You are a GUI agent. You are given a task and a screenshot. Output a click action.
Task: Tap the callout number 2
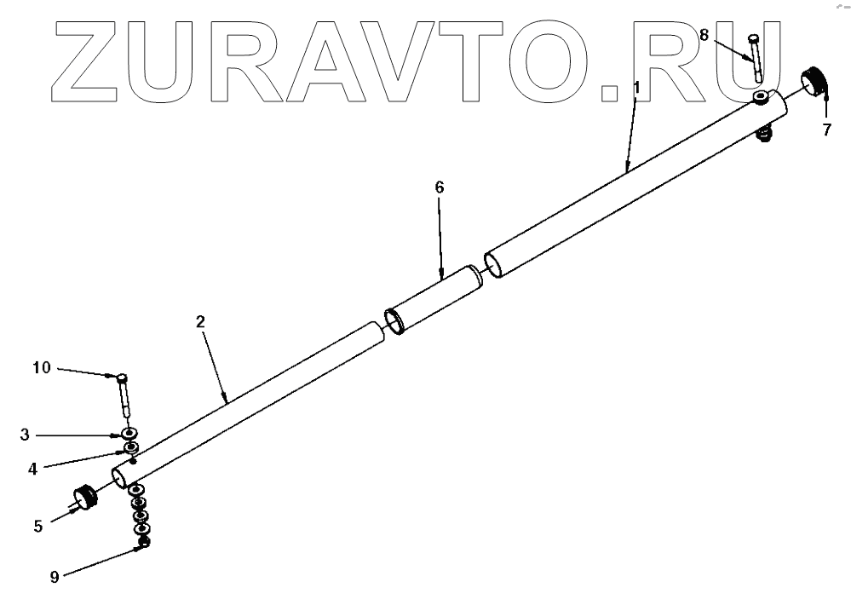coord(199,322)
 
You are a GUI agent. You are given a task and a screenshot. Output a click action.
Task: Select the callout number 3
coord(26,435)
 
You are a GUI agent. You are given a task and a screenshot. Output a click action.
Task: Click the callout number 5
coord(38,526)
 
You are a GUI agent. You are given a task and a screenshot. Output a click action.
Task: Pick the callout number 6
coord(440,187)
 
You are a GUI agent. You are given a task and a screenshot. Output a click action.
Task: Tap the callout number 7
coord(825,130)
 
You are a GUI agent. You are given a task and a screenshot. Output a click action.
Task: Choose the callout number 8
coord(704,36)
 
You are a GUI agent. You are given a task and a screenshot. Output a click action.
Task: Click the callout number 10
coord(42,368)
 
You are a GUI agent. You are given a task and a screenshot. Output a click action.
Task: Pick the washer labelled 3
coord(131,435)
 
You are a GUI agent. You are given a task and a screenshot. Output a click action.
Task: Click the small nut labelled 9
coord(144,542)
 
